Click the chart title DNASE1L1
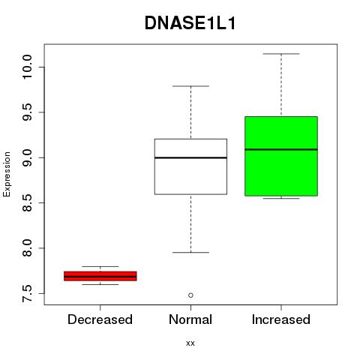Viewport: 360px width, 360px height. pos(190,23)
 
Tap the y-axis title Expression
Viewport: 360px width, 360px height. pos(7,174)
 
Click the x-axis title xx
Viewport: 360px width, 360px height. pos(190,343)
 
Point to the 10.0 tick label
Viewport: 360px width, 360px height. pos(27,67)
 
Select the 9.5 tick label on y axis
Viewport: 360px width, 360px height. pos(27,112)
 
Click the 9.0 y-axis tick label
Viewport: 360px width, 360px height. pos(27,157)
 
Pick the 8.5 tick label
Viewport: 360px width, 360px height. pos(27,202)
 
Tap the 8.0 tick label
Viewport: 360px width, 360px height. pos(27,248)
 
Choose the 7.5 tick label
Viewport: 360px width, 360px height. pos(27,293)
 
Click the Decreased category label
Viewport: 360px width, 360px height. pos(100,319)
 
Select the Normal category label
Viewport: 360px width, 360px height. pos(190,319)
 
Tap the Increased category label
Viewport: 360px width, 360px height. pos(281,319)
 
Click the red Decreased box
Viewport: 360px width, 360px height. pos(100,276)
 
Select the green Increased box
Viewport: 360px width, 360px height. pos(281,156)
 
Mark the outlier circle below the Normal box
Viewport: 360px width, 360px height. pos(190,295)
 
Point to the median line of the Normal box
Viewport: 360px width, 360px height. pos(190,157)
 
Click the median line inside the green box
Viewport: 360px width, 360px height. pos(281,149)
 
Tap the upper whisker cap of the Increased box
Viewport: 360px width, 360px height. pos(281,54)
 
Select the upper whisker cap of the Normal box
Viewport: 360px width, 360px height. pos(190,86)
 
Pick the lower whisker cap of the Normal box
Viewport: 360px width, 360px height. pos(190,253)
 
